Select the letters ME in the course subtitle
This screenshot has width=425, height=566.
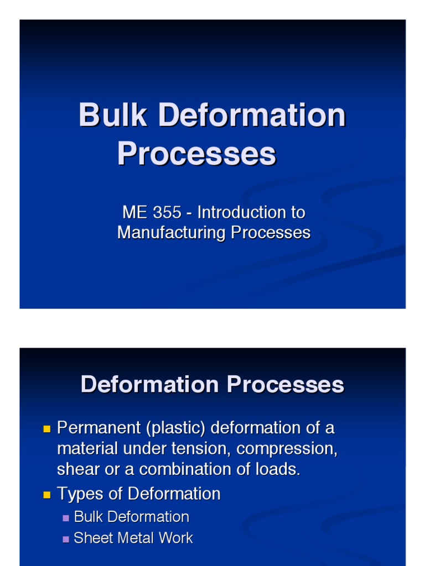[x=134, y=212]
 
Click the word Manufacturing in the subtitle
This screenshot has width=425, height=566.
[x=172, y=233]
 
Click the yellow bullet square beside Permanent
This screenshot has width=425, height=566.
[x=46, y=428]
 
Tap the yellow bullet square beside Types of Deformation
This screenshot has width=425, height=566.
[x=46, y=494]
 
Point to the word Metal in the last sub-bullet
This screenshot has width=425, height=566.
[x=136, y=538]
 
